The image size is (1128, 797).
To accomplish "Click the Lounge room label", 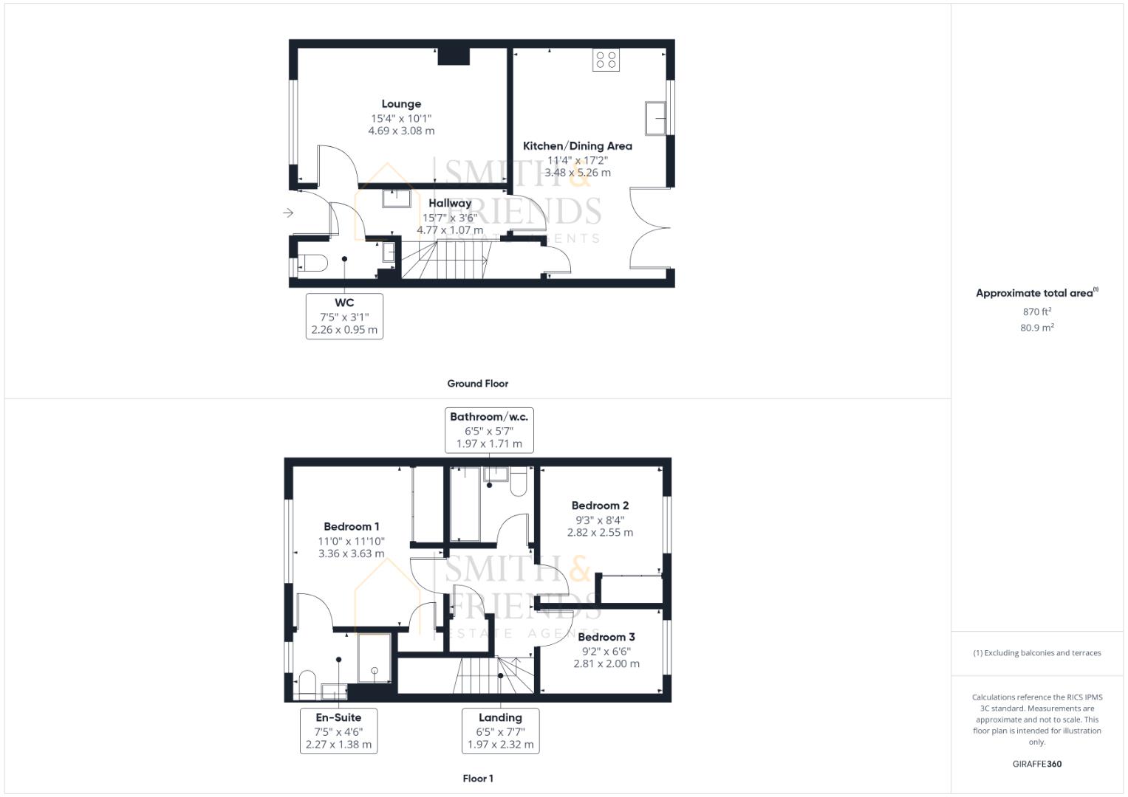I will (401, 104).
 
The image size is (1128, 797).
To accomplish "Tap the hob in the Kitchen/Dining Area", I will (606, 60).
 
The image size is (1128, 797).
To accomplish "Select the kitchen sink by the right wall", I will (654, 118).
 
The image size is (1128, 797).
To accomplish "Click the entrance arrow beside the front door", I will (288, 213).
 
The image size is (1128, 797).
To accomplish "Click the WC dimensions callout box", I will (344, 316).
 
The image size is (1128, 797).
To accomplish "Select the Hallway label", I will (450, 203).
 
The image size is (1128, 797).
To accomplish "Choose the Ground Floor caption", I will (477, 384).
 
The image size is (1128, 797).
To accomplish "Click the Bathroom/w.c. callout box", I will (489, 430).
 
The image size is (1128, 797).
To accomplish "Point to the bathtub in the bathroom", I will (465, 504).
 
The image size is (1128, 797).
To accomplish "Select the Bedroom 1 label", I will (352, 526).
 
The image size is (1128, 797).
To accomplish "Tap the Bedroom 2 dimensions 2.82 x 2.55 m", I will (600, 532).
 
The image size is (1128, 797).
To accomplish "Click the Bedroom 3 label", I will (606, 637).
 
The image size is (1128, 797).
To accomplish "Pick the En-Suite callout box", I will (338, 731).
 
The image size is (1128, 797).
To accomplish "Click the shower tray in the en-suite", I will (375, 658).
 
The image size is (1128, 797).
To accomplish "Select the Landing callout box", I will (500, 731).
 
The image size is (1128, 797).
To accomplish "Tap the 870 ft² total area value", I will (1036, 312).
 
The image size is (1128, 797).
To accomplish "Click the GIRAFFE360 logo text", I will (1036, 764).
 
